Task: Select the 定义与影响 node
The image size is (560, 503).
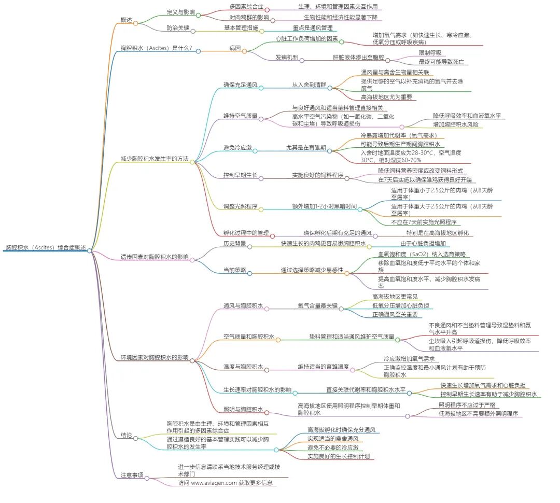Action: (x=180, y=11)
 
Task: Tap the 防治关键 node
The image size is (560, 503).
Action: (x=177, y=27)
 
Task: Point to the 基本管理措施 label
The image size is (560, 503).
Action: (x=240, y=27)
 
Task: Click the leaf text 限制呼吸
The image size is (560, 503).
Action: (x=430, y=53)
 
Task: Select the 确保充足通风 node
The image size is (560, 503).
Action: (x=240, y=85)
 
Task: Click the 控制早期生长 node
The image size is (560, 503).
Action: (x=240, y=175)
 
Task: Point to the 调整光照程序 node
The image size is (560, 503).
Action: (x=240, y=206)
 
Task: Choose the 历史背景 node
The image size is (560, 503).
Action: (x=234, y=243)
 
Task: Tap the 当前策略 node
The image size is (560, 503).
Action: (x=234, y=270)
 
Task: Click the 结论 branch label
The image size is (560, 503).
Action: (x=126, y=435)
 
